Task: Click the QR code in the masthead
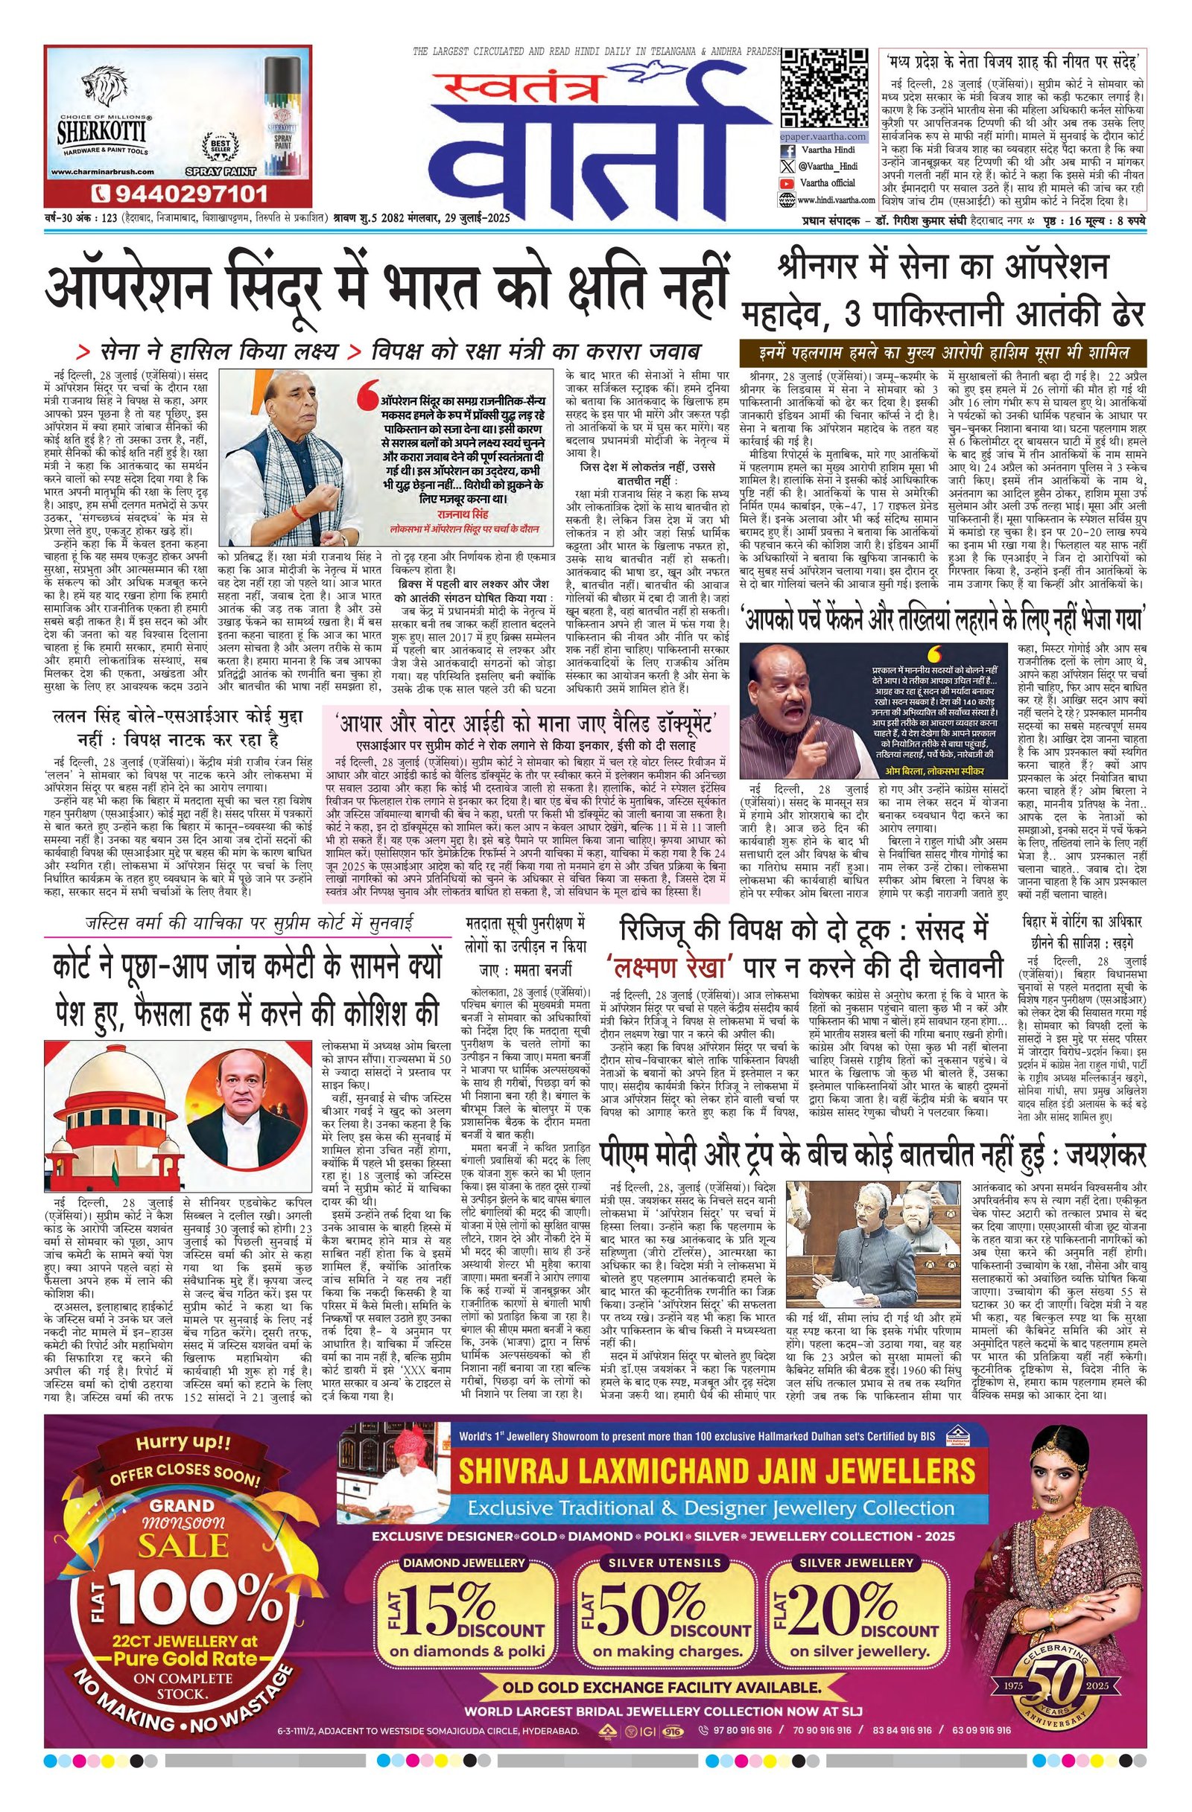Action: click(824, 86)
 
